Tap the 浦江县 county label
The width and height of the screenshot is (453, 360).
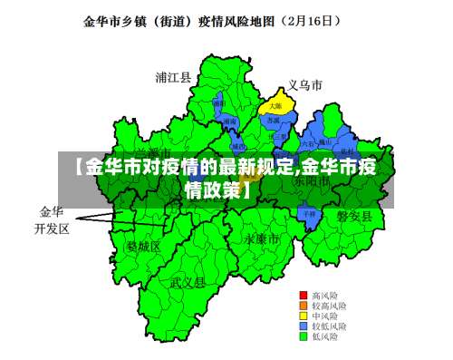(173, 77)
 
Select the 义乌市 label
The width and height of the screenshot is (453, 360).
(305, 85)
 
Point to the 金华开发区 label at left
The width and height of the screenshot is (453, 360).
(52, 219)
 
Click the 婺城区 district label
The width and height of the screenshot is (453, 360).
(143, 246)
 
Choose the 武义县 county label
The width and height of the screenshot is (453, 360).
(188, 283)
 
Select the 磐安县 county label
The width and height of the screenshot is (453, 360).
(354, 215)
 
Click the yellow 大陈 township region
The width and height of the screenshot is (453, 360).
(275, 106)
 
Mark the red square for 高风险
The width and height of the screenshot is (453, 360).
(304, 296)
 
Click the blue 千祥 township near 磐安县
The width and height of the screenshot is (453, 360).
(310, 214)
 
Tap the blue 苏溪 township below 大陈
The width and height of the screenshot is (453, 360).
(275, 121)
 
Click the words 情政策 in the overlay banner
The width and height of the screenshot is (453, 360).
(213, 190)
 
